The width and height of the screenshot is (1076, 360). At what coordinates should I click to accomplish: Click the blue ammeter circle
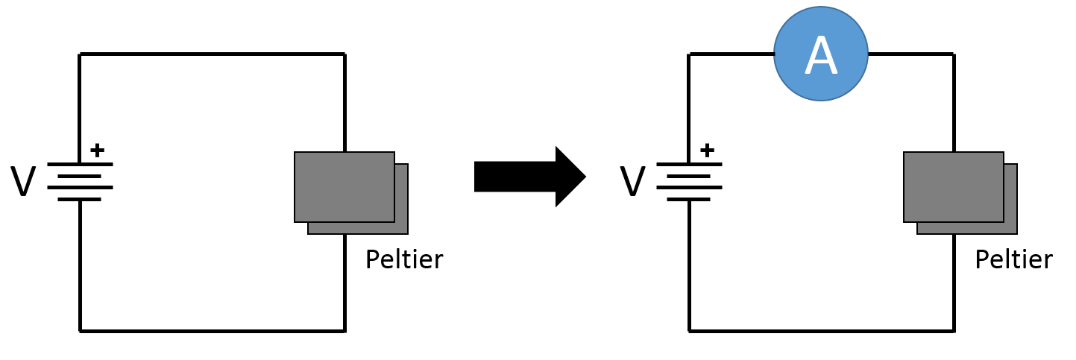pyautogui.click(x=820, y=54)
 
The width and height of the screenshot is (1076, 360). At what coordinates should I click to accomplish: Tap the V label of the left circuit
pyautogui.click(x=23, y=182)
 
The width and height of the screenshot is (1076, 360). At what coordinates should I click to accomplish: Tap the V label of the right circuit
pyautogui.click(x=632, y=182)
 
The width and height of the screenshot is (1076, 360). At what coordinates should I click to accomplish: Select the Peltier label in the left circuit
pyautogui.click(x=403, y=259)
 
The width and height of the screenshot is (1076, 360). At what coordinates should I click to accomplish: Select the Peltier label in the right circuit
pyautogui.click(x=1013, y=259)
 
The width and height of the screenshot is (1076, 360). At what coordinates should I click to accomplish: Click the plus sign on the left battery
pyautogui.click(x=97, y=150)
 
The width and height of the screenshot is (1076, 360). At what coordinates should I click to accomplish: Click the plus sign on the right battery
pyautogui.click(x=707, y=150)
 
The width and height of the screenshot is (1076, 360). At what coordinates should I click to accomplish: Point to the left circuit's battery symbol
pyautogui.click(x=80, y=181)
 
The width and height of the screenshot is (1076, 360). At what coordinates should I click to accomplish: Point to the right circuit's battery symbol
pyautogui.click(x=689, y=181)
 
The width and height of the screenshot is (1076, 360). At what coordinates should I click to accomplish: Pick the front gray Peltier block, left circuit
pyautogui.click(x=344, y=186)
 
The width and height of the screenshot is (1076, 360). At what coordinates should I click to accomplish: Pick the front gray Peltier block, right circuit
pyautogui.click(x=953, y=186)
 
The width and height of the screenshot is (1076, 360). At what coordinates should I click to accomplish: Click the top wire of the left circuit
pyautogui.click(x=213, y=54)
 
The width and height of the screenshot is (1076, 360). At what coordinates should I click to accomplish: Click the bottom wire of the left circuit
pyautogui.click(x=213, y=331)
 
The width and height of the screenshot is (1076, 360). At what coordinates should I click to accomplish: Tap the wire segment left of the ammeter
pyautogui.click(x=732, y=54)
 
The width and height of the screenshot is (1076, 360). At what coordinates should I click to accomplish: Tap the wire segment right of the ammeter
pyautogui.click(x=910, y=54)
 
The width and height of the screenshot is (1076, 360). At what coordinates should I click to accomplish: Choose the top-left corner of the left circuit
pyautogui.click(x=80, y=54)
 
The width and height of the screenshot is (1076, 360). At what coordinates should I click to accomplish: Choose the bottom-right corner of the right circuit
pyautogui.click(x=954, y=331)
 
